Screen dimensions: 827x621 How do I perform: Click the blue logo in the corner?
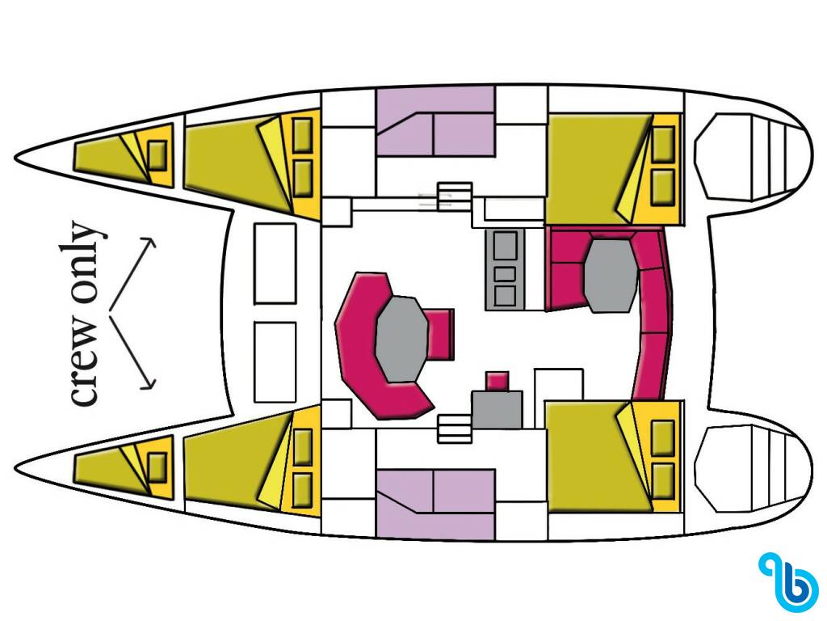click(790, 582)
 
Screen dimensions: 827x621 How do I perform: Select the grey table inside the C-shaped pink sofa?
click(402, 339)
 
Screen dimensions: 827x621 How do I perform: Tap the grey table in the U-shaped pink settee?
click(611, 275)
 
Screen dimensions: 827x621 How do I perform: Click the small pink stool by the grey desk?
click(497, 381)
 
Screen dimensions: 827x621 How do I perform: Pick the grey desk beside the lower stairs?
click(497, 409)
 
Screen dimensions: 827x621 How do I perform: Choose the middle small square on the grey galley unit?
click(505, 273)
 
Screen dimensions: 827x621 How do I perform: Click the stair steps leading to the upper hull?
click(455, 196)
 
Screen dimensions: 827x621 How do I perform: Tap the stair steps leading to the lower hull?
click(455, 428)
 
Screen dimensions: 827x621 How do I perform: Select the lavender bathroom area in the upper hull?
click(436, 121)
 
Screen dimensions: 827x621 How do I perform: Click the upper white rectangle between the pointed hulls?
click(275, 264)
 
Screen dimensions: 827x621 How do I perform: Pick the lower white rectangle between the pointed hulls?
click(275, 362)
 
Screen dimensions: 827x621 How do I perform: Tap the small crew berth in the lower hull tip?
click(124, 467)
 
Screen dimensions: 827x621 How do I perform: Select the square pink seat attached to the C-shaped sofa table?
click(440, 334)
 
